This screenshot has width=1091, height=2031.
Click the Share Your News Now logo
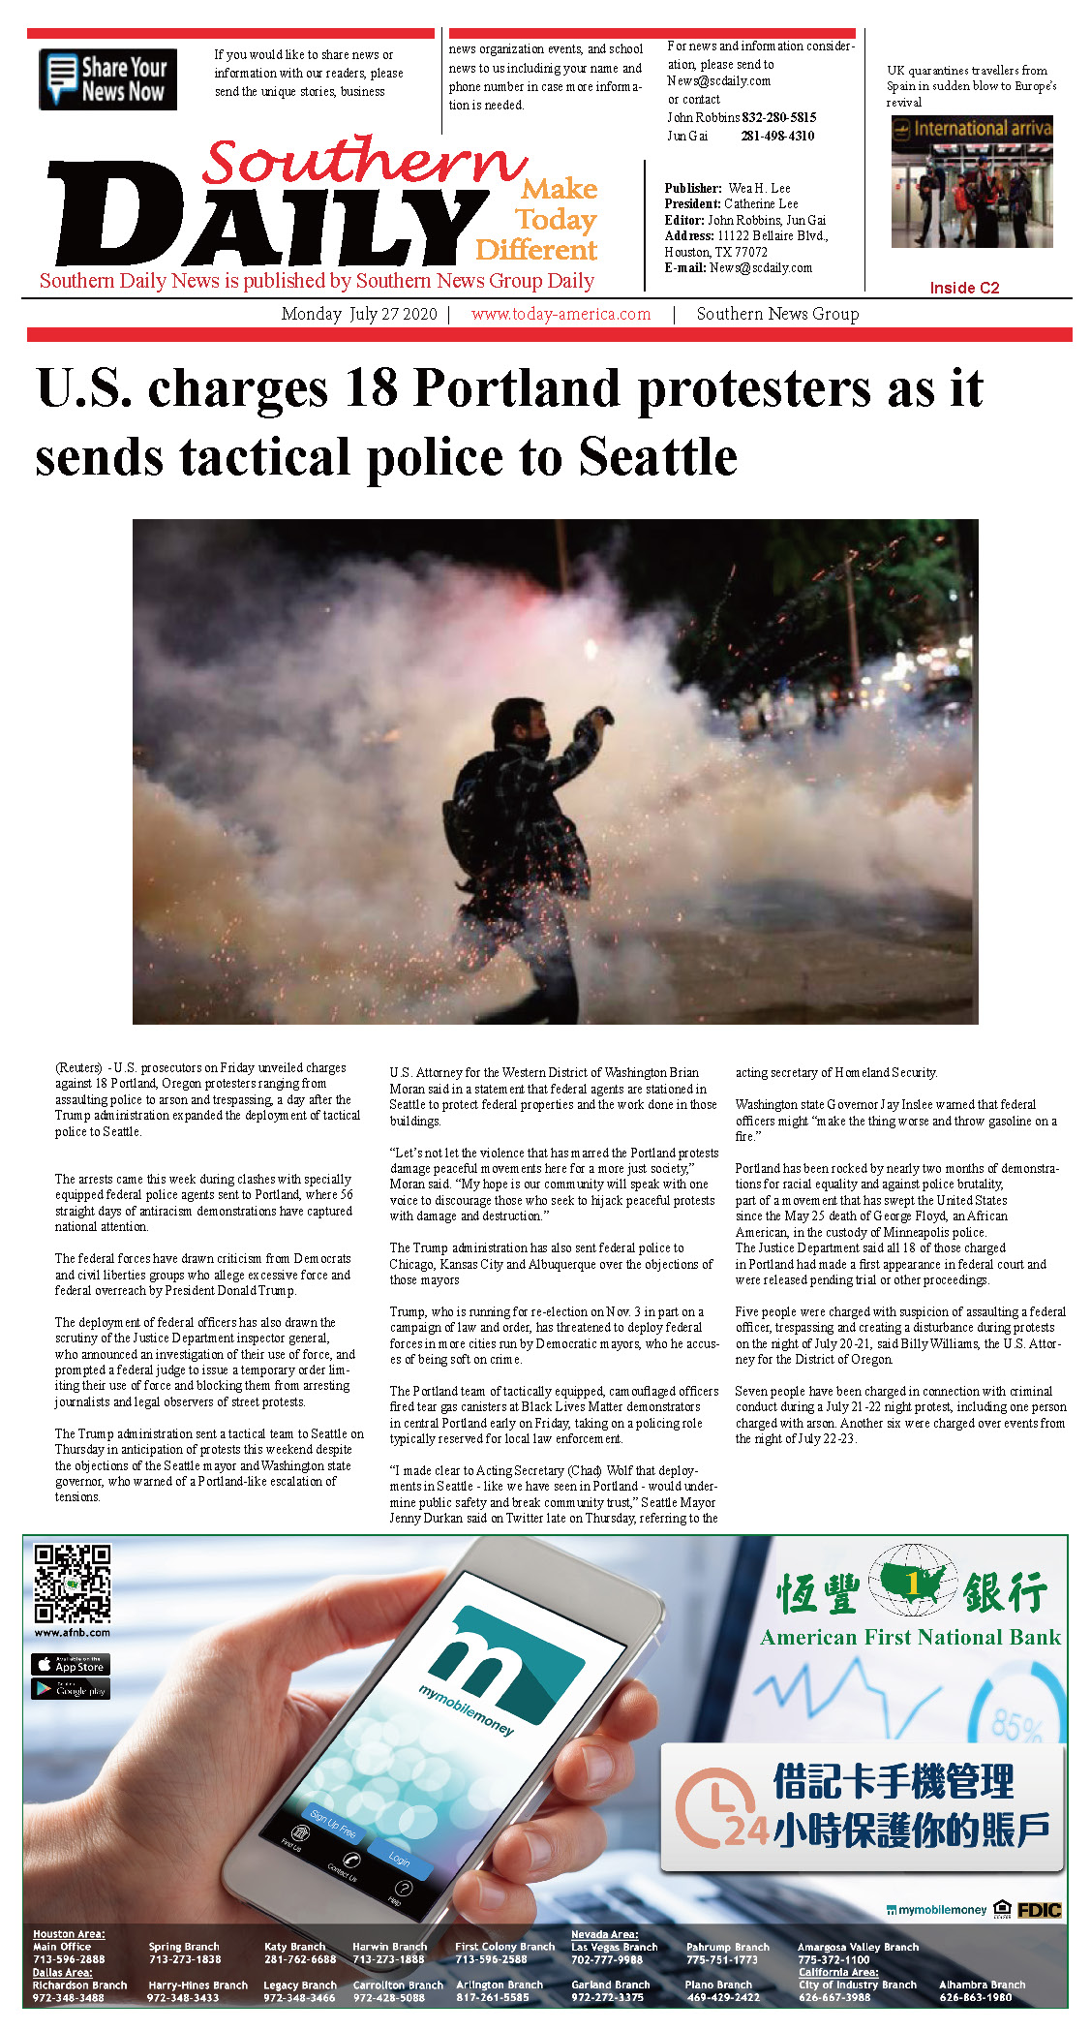107,79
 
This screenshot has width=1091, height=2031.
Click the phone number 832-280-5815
779,117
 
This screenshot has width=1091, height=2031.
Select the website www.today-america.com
561,314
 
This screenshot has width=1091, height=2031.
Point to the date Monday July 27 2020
359,314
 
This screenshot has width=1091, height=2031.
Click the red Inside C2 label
964,288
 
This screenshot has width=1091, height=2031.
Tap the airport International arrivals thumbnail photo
971,182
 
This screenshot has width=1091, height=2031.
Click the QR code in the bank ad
73,1584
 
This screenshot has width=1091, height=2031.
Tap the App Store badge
71,1665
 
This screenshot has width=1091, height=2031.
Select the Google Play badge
71,1689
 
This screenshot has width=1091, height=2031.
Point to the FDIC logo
1039,1911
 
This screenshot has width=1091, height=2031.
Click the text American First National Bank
910,1638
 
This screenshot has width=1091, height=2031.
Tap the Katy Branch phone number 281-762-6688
299,1959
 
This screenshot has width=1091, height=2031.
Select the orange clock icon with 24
717,1808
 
